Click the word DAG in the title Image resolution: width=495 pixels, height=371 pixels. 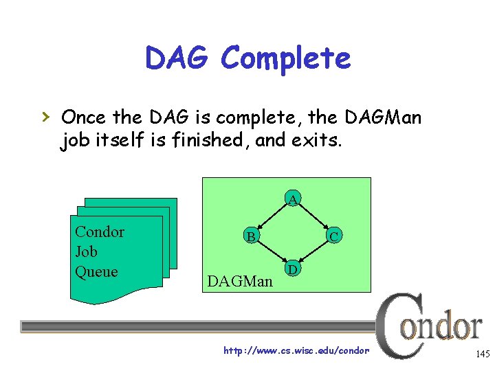point(177,59)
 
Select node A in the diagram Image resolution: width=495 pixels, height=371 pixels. point(293,200)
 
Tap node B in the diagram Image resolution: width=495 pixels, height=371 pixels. point(252,237)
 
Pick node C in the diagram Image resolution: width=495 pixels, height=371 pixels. point(333,237)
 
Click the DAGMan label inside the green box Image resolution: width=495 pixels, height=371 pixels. point(240,281)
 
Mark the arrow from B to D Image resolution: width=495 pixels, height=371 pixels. point(272,253)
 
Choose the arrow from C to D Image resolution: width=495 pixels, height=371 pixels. point(313,253)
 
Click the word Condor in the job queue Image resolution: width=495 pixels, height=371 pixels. point(100,232)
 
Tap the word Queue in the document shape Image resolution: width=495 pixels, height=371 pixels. point(96,271)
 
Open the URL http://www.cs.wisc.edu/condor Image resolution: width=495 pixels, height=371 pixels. point(296,350)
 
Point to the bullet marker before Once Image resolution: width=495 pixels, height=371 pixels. point(47,117)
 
